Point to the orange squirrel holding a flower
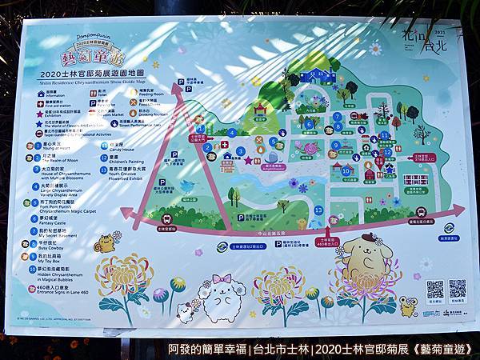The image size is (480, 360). (x=104, y=243)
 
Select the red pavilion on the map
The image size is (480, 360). (x=260, y=108)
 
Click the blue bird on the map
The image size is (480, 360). (x=187, y=186)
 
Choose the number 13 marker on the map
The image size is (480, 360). (x=318, y=210)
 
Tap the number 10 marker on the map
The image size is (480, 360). (x=346, y=170)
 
